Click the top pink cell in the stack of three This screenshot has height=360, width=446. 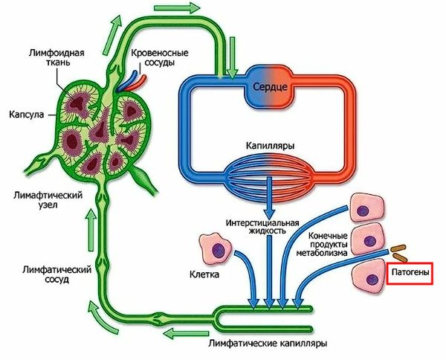367,208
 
